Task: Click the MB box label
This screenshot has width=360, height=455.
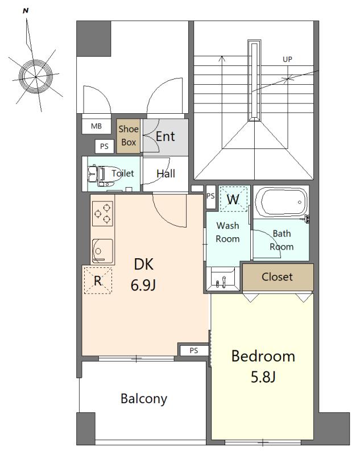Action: click(x=96, y=126)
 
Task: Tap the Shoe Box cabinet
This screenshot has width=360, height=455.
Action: click(x=129, y=136)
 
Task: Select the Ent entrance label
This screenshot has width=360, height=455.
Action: click(x=165, y=136)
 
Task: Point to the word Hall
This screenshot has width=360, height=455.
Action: click(x=165, y=173)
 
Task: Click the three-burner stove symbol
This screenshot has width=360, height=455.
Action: click(x=102, y=214)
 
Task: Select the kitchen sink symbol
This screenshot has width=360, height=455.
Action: click(x=102, y=251)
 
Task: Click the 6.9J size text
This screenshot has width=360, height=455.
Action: click(x=143, y=286)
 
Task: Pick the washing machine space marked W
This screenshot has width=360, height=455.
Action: click(x=234, y=200)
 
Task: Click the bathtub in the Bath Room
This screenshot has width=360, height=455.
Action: click(x=281, y=202)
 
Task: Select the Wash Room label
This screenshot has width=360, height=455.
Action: click(x=227, y=232)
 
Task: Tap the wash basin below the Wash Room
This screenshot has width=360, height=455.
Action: click(x=223, y=279)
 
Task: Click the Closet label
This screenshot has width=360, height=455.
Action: click(x=277, y=277)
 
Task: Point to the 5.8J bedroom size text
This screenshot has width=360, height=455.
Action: click(x=263, y=377)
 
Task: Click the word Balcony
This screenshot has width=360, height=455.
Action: click(x=144, y=399)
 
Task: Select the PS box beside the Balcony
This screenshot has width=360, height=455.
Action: click(x=193, y=350)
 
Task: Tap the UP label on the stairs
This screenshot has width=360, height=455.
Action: click(x=287, y=59)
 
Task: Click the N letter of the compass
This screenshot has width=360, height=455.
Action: click(x=26, y=11)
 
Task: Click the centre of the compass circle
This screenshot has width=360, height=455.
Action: click(x=36, y=77)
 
